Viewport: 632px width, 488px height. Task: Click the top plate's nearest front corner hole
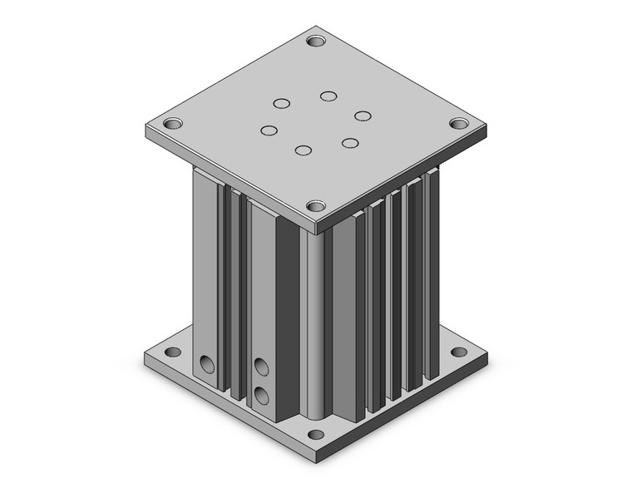pyautogui.click(x=315, y=205)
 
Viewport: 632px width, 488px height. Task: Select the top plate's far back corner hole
pyautogui.click(x=316, y=40)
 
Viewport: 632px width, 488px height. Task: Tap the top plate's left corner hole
pyautogui.click(x=173, y=124)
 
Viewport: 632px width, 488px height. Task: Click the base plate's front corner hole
pyautogui.click(x=315, y=434)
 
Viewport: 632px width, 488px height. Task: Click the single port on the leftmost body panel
pyautogui.click(x=206, y=364)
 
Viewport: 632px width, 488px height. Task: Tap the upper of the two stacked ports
pyautogui.click(x=262, y=366)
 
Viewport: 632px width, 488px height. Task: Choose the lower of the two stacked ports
pyautogui.click(x=262, y=395)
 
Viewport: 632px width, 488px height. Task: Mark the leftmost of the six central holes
pyautogui.click(x=269, y=131)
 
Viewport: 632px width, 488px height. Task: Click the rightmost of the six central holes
pyautogui.click(x=362, y=115)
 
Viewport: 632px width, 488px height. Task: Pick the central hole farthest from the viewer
pyautogui.click(x=328, y=96)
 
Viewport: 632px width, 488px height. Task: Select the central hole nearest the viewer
pyautogui.click(x=304, y=150)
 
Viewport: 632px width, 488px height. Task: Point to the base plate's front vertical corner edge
pyautogui.click(x=316, y=454)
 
